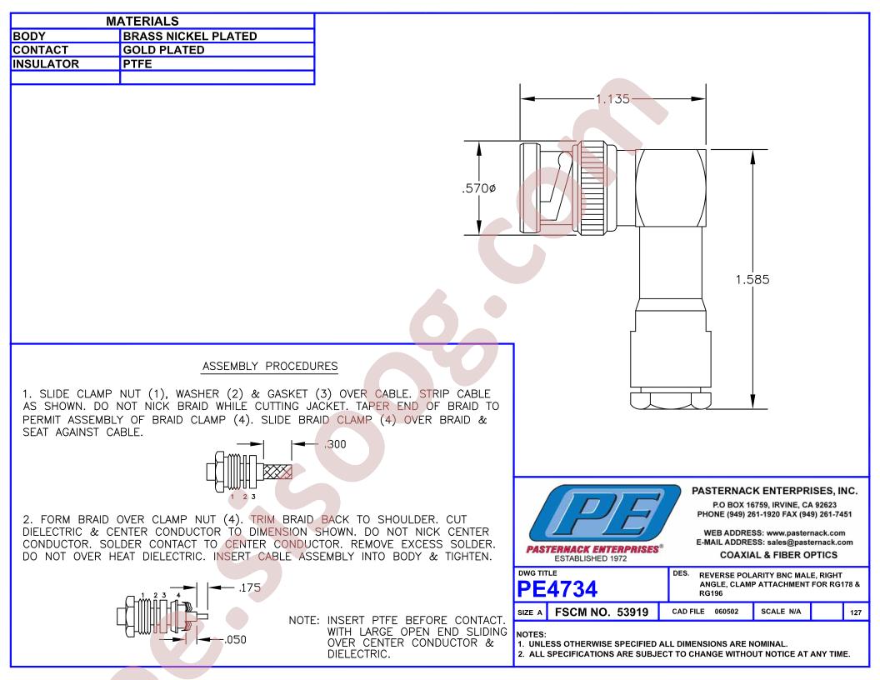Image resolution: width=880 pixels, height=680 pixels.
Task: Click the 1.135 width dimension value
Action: [x=612, y=99]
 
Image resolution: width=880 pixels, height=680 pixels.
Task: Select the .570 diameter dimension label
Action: [x=478, y=188]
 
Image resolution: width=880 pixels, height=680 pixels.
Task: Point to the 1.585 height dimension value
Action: [x=752, y=279]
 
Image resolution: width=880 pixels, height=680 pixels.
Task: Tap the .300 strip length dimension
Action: [x=335, y=444]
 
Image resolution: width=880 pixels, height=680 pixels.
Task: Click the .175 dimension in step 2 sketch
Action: [x=249, y=587]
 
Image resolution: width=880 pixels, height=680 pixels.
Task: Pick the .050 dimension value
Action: [x=235, y=640]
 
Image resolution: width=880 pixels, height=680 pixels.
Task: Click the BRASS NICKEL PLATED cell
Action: [x=190, y=36]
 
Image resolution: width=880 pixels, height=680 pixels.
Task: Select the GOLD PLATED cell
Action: [x=163, y=50]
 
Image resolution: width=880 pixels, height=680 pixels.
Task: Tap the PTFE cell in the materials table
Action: [x=137, y=64]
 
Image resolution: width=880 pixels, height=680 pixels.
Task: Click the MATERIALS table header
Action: [x=142, y=22]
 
